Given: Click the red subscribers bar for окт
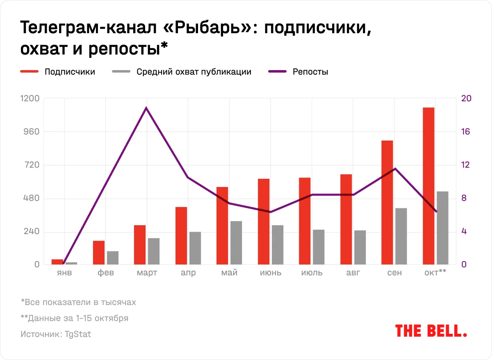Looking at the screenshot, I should point(428,186).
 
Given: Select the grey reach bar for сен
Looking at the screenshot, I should point(401,236).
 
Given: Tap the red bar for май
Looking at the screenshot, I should point(222,226).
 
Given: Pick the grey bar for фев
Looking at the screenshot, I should point(113,258).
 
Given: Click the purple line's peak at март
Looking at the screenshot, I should point(146,108).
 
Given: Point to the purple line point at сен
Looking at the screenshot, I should point(395,169).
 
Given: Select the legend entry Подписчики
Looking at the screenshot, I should point(70,72).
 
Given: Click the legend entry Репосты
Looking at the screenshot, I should point(310,72).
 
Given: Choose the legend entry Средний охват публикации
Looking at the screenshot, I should point(194,72).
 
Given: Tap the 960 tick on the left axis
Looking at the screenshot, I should point(31,132).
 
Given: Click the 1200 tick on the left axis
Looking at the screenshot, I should point(30,98).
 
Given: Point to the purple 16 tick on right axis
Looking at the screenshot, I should point(467,132).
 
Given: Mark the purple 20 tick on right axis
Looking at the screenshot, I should point(467,98).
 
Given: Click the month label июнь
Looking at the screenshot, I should point(271,273).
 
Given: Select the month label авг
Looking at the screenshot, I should point(353,273).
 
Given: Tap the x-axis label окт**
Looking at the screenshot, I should point(435,273).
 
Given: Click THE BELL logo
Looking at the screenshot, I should point(431,331).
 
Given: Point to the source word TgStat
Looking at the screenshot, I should point(78,334).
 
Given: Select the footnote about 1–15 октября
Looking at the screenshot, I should point(74,318).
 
